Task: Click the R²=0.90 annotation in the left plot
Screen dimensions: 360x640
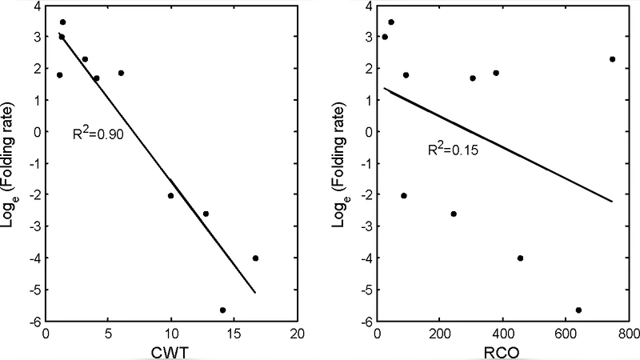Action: tap(98, 134)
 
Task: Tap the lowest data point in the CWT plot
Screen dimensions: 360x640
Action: tap(222, 310)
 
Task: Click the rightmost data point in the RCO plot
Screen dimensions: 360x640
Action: tap(612, 58)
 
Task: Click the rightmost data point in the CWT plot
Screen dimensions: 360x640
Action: tap(255, 258)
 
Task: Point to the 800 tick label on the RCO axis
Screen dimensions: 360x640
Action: tap(628, 334)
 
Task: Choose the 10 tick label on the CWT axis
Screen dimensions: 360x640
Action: tap(170, 334)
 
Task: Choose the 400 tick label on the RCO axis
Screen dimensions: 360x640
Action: tap(502, 334)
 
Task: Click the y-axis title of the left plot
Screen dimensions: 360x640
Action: tap(11, 162)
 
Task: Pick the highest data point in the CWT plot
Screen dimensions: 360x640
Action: tap(62, 22)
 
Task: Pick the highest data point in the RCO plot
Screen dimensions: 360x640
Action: tap(391, 22)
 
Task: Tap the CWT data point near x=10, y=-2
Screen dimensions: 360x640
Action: tap(170, 195)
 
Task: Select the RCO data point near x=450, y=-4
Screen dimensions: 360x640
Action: tap(520, 258)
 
